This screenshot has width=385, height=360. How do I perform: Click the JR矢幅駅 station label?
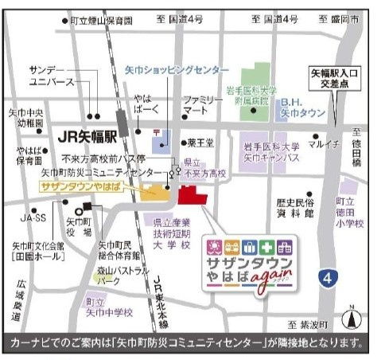tap(86, 136)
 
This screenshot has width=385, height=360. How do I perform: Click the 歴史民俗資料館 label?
tap(297, 209)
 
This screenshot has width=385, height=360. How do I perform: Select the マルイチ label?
tap(325, 143)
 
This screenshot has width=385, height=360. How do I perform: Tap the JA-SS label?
tap(33, 217)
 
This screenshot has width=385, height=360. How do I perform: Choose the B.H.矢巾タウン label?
tap(301, 108)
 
